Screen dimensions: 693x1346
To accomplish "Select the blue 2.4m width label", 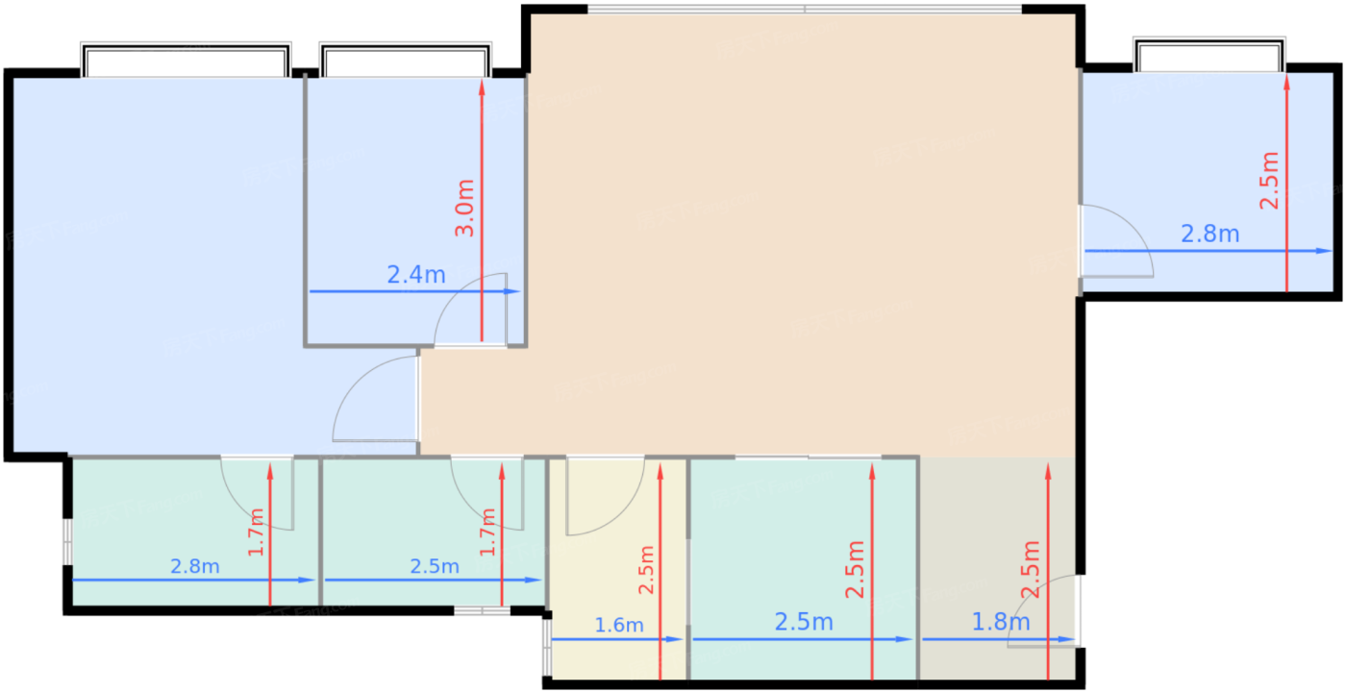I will pos(416,276).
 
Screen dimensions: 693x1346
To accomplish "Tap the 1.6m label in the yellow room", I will pos(619,626).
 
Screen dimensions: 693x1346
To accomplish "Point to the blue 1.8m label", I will pos(1001,622).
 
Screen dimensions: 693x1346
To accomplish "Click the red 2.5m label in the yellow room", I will pos(646,570).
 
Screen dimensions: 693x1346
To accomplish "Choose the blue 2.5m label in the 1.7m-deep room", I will pos(435,567).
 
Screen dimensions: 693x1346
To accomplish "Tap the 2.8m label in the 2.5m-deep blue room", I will pos(1209,234).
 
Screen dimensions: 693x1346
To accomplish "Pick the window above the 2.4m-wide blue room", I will pos(406,61).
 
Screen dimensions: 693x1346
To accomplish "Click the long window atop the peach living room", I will pos(805,11).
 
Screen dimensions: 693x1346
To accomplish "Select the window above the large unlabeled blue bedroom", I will pos(186,61).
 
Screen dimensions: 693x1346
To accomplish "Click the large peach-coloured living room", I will pos(798,240).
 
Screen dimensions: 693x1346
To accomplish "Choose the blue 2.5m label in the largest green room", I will pos(804,623).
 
